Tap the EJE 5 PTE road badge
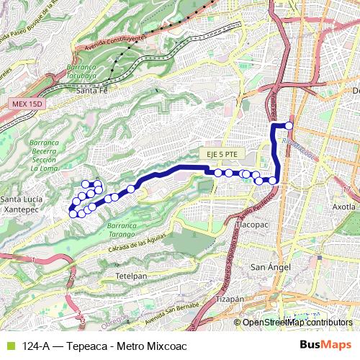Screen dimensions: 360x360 [220, 155]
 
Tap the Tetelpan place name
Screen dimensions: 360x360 [131, 276]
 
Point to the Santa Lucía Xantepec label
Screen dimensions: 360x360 [22, 203]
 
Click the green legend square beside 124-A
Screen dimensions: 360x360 [9, 346]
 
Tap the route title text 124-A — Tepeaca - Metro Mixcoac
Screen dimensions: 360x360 [104, 346]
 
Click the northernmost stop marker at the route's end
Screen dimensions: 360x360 [289, 125]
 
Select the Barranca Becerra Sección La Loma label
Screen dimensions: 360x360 [44, 156]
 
